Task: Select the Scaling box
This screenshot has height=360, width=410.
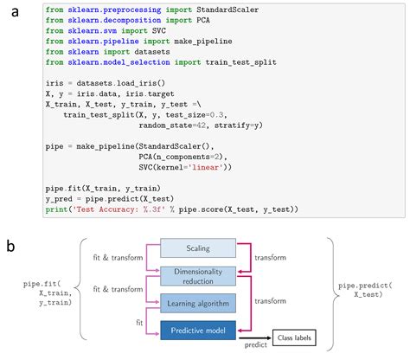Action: [198, 249]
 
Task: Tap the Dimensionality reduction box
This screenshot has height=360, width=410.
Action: [198, 274]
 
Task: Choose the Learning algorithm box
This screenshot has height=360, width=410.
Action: [198, 302]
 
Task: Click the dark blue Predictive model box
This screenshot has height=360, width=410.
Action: [198, 330]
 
